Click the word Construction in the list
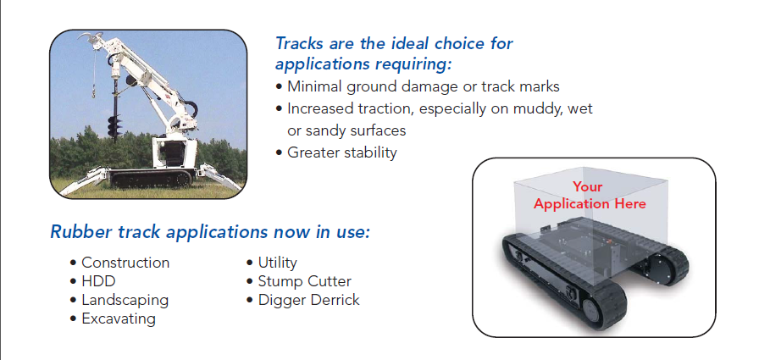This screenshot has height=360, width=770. (x=125, y=263)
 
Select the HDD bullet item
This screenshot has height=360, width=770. (x=98, y=281)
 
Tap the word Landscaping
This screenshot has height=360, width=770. (x=125, y=300)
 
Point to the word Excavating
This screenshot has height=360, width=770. (x=119, y=318)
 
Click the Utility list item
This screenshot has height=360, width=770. (x=278, y=263)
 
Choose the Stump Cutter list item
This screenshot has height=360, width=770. (x=304, y=281)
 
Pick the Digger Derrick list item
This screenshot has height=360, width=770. (x=309, y=300)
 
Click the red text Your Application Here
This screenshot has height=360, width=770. (x=590, y=195)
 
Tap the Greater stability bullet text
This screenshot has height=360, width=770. (x=341, y=152)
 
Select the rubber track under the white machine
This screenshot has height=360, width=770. (x=150, y=179)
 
